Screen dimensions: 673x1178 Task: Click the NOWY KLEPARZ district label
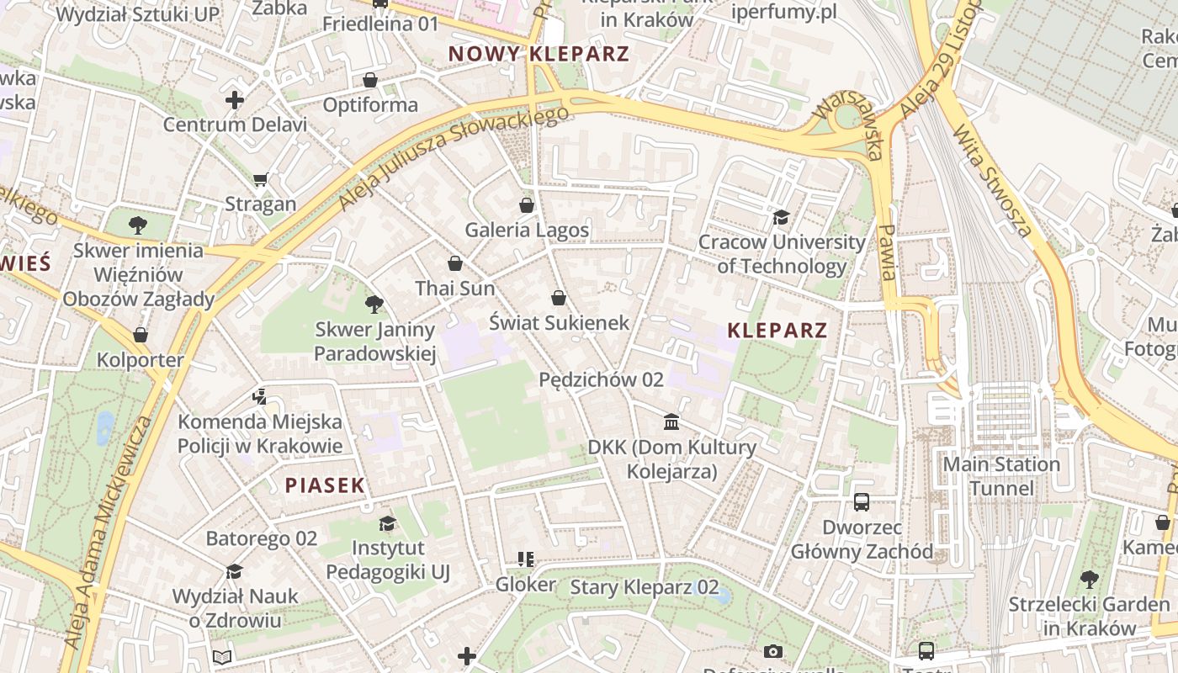click(x=539, y=54)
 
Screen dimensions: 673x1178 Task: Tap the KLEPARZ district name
click(x=777, y=330)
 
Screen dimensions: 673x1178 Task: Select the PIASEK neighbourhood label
click(x=325, y=485)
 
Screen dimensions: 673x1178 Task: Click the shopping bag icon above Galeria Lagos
click(x=527, y=205)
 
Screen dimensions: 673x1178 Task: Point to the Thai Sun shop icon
click(x=455, y=263)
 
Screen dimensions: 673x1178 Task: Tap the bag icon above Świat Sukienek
click(x=558, y=298)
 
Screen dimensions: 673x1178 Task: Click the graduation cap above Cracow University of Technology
click(x=782, y=218)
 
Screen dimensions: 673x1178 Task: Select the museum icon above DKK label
click(x=671, y=421)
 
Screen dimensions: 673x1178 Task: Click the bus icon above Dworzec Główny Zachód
click(x=862, y=502)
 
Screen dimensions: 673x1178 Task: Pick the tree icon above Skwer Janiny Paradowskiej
click(x=374, y=305)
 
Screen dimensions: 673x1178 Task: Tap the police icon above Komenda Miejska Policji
click(x=259, y=396)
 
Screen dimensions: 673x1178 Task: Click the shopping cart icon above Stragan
click(x=260, y=179)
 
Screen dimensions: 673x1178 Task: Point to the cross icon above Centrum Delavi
click(x=235, y=101)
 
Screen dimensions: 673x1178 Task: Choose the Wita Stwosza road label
click(x=993, y=181)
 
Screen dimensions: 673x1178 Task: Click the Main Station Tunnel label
click(x=1001, y=476)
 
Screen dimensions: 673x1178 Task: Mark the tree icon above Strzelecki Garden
click(x=1089, y=579)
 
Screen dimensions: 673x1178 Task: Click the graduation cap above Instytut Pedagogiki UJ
click(x=387, y=523)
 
